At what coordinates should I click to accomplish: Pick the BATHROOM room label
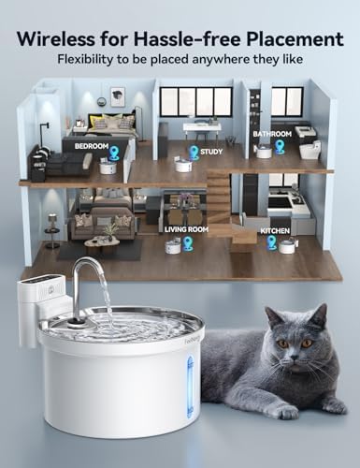point(271,134)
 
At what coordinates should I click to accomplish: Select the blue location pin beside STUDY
point(194,152)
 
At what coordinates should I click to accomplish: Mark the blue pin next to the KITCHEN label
point(272,242)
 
